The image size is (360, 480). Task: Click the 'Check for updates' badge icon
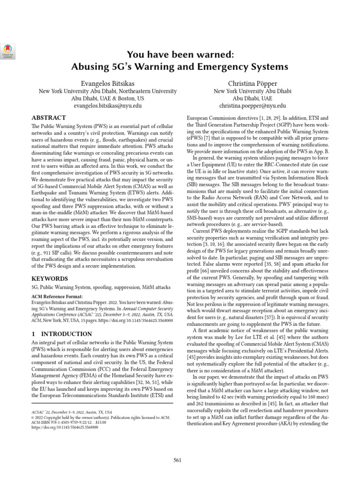[x=9, y=50]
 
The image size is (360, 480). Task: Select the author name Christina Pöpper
[x=252, y=82]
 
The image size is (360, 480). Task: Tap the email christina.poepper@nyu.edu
[x=252, y=106]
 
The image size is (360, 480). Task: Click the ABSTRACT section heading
[x=49, y=118]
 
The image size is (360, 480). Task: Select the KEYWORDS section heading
[x=50, y=278]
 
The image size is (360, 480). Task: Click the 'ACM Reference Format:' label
[x=56, y=296]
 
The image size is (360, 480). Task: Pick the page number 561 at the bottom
[x=177, y=460]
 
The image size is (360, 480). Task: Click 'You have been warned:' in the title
[x=180, y=54]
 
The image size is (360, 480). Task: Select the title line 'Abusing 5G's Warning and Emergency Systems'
[x=180, y=67]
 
